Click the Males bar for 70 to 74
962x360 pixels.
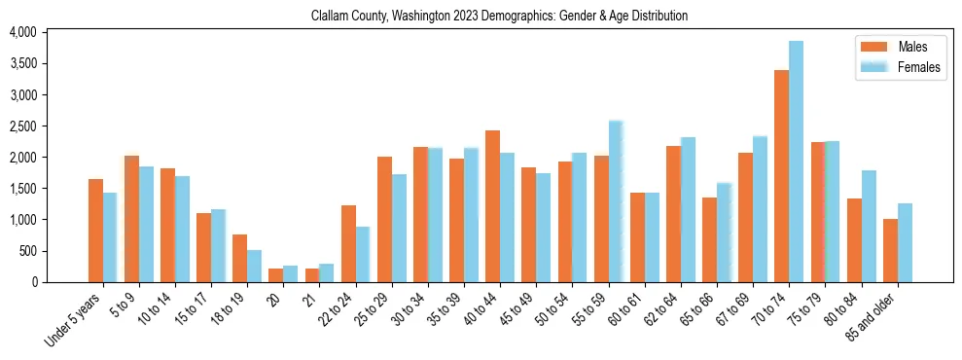click(x=781, y=176)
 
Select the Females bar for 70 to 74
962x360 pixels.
click(x=796, y=162)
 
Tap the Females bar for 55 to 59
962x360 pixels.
click(x=616, y=201)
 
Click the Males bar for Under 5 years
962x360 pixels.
click(x=95, y=231)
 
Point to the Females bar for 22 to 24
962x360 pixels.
click(x=363, y=254)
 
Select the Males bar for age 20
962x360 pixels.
click(x=276, y=275)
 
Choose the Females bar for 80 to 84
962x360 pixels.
click(x=869, y=226)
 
